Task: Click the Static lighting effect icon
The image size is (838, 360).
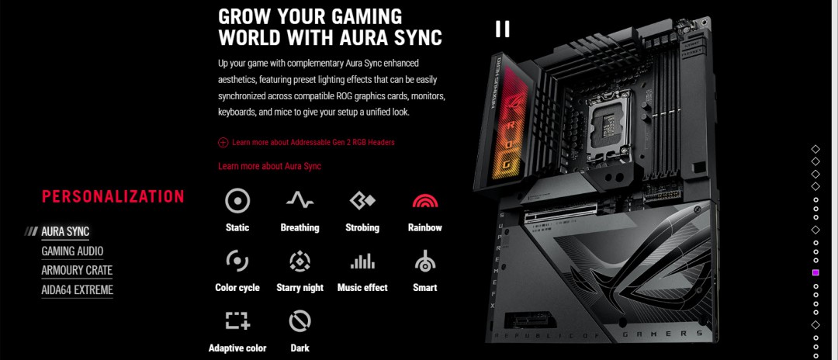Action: point(237,201)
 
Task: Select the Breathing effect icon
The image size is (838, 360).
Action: point(300,200)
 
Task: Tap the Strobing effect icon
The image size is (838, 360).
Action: point(362,201)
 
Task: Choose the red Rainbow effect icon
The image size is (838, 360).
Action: point(425,201)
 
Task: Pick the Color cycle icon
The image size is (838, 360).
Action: point(237,261)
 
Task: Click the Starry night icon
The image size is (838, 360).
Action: point(300,261)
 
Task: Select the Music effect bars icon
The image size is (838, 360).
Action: point(362,261)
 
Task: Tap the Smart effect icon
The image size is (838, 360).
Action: point(425,261)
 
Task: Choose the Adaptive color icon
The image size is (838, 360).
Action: point(237,321)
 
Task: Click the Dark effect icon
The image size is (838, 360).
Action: point(300,321)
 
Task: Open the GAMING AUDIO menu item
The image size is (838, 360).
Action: point(72,251)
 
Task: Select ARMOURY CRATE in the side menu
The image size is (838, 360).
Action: point(77,270)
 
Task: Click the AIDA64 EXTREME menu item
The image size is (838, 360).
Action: point(77,290)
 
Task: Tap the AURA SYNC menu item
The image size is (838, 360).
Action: point(65,232)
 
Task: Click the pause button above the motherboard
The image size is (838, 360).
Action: point(502,29)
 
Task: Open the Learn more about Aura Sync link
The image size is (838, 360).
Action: point(269,166)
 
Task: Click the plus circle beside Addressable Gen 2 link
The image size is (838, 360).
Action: point(223,143)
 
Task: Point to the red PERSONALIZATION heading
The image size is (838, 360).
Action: point(113,196)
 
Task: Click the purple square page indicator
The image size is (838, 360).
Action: point(815,272)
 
